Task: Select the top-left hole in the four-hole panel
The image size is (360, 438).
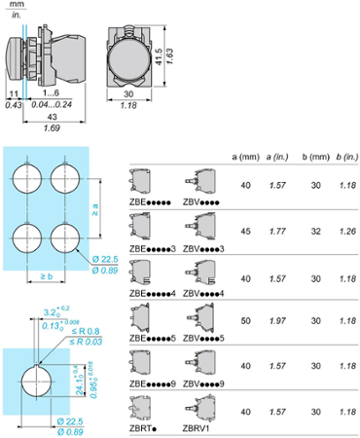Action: pyautogui.click(x=27, y=178)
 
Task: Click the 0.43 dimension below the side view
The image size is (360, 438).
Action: pyautogui.click(x=13, y=104)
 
